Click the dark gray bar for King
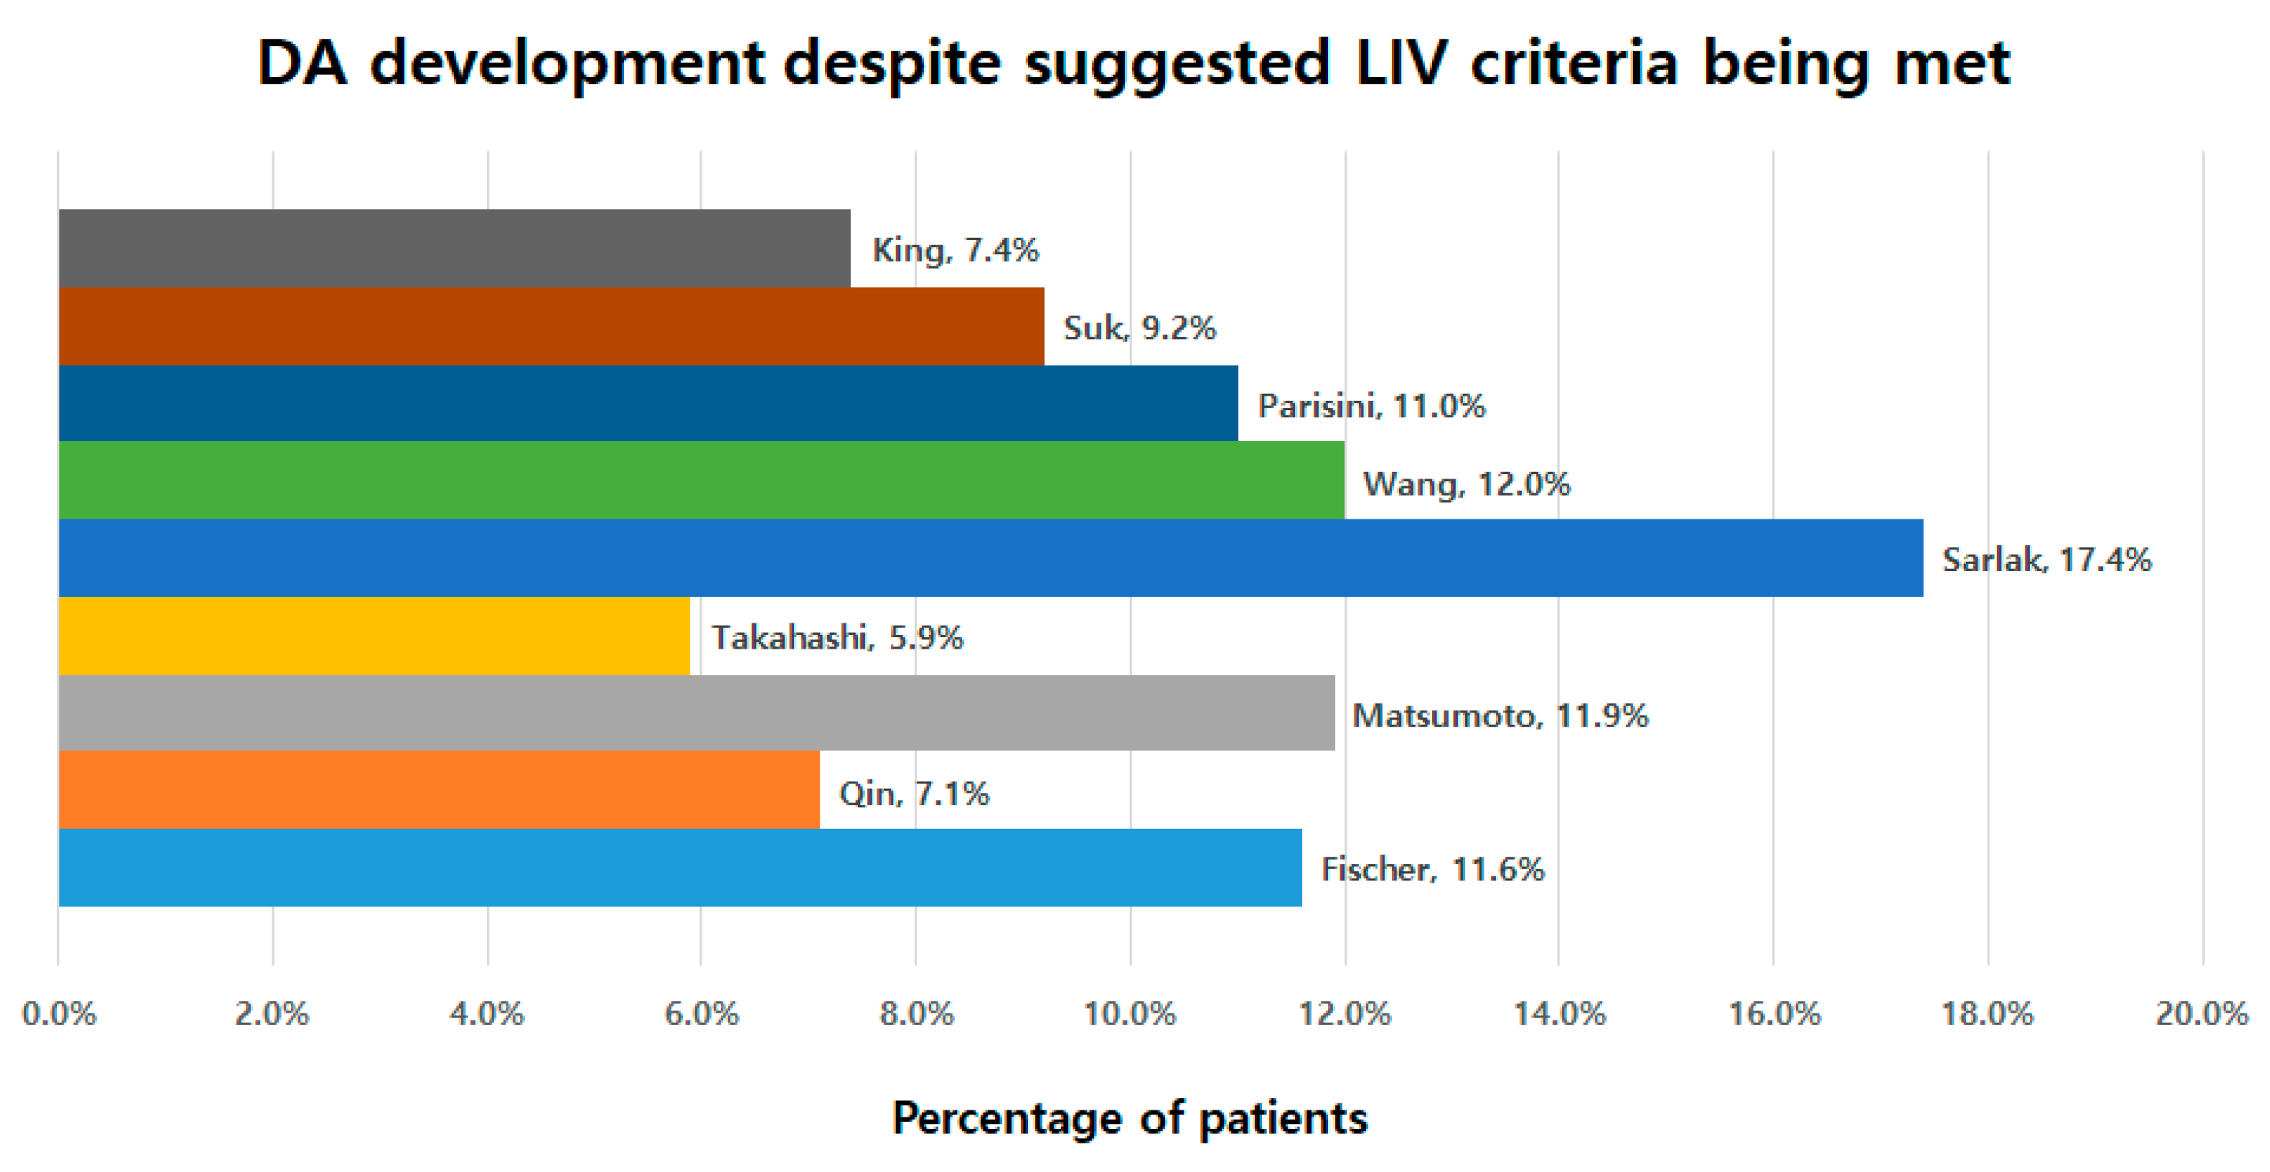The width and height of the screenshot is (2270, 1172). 454,249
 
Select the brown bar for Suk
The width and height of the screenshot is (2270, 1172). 551,326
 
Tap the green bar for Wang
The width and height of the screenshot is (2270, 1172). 700,480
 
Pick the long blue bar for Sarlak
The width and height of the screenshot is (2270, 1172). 990,558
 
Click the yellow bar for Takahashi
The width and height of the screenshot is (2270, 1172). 374,636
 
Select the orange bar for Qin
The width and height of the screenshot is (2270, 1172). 438,790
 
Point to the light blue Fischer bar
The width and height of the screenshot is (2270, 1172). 679,868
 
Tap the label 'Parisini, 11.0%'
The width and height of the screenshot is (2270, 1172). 1371,406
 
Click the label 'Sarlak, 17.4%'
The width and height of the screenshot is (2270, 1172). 2046,559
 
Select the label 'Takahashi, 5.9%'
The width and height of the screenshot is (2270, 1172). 837,637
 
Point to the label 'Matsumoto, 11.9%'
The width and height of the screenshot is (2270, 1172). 1500,716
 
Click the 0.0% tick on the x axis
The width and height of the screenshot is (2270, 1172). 59,1014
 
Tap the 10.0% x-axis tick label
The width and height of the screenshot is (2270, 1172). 1130,1014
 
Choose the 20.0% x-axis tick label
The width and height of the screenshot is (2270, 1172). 2202,1014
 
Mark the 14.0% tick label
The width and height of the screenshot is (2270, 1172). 1559,1014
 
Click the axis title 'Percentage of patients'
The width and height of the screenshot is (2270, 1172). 1130,1118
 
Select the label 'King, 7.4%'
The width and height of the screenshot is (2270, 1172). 955,251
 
